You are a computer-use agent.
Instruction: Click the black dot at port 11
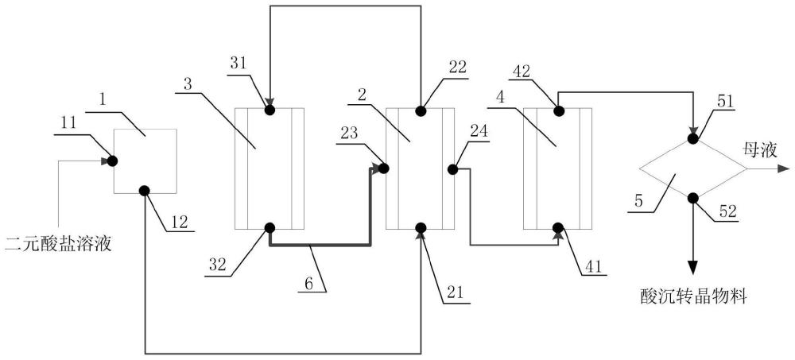113,161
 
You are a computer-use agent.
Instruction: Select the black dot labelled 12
145,191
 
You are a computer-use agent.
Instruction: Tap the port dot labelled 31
270,109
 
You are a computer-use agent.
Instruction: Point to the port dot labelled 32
270,228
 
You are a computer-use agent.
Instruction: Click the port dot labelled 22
421,109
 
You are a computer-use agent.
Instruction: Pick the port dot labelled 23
382,168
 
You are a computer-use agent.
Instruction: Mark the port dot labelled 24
453,168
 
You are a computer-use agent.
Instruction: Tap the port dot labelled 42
557,109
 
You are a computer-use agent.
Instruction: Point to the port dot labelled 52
692,198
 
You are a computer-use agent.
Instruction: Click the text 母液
754,148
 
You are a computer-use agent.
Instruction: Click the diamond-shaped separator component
692,168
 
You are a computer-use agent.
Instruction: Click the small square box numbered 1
145,161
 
